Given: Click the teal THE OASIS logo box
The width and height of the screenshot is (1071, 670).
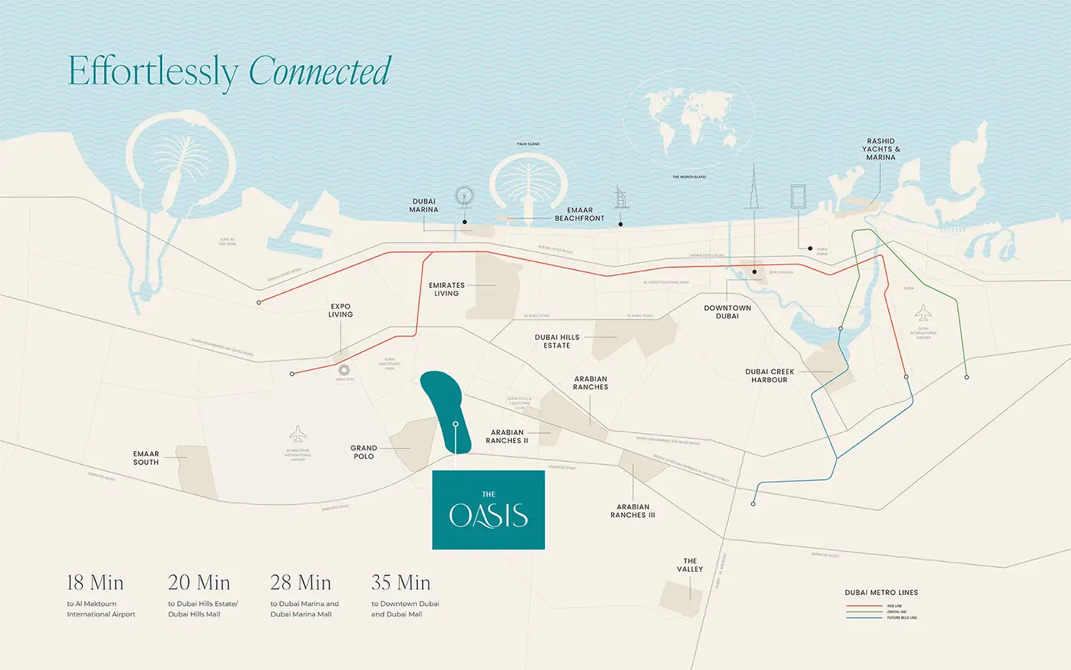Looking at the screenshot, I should pyautogui.click(x=488, y=510).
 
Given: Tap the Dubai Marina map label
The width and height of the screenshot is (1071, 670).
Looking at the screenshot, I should pyautogui.click(x=423, y=206).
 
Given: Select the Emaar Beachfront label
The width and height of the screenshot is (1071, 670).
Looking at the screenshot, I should pyautogui.click(x=579, y=214).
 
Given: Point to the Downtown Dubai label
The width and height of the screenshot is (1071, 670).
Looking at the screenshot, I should pyautogui.click(x=727, y=312).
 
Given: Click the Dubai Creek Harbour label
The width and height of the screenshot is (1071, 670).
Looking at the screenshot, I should pyautogui.click(x=769, y=376).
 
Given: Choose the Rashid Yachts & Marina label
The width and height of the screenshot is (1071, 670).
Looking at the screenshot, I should pyautogui.click(x=880, y=149).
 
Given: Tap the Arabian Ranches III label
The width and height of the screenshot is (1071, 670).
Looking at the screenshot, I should pyautogui.click(x=633, y=511).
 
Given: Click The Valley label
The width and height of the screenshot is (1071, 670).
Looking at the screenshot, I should pyautogui.click(x=690, y=565).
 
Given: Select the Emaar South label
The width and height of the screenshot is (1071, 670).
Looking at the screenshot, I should pyautogui.click(x=146, y=458).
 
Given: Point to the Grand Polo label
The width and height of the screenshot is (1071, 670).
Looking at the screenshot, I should pyautogui.click(x=363, y=452).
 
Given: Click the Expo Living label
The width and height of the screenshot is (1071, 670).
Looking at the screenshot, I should pyautogui.click(x=341, y=310).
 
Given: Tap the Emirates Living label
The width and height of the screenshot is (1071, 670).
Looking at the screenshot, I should pyautogui.click(x=446, y=289).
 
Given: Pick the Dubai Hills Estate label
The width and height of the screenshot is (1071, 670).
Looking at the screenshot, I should pyautogui.click(x=557, y=341).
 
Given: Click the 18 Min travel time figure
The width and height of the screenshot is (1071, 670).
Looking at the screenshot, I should pyautogui.click(x=95, y=583).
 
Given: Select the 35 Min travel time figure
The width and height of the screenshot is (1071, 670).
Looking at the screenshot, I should pyautogui.click(x=401, y=583).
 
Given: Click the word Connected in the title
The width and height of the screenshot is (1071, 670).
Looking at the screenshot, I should pyautogui.click(x=319, y=71).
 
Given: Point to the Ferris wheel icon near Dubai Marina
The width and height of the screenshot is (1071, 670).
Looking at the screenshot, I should pyautogui.click(x=464, y=196).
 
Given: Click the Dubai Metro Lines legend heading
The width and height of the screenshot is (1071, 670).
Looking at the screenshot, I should pyautogui.click(x=881, y=593).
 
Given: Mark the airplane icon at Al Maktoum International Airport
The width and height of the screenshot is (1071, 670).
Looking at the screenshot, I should pyautogui.click(x=298, y=434).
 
